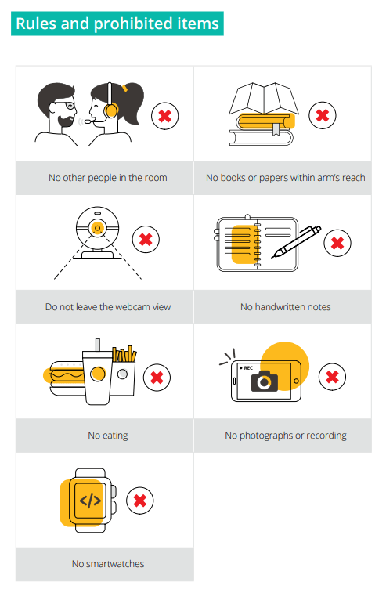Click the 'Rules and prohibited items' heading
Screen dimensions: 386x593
(x=117, y=24)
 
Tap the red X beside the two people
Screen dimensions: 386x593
(x=165, y=116)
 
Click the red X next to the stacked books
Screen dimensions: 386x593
(x=322, y=115)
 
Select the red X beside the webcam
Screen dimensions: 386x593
(x=146, y=239)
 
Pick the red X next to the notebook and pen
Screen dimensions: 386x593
(x=337, y=243)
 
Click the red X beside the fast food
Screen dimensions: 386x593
(x=157, y=377)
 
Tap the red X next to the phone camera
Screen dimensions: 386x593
(x=332, y=376)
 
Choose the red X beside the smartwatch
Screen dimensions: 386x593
(x=140, y=501)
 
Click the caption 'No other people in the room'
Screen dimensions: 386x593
(x=108, y=178)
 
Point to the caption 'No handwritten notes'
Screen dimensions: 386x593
(x=286, y=307)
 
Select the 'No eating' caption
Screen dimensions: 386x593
(x=108, y=436)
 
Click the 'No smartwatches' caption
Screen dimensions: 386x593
(x=108, y=564)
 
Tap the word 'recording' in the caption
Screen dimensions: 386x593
(x=326, y=436)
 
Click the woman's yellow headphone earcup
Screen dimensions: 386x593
(x=111, y=110)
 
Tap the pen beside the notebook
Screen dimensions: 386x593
(x=297, y=241)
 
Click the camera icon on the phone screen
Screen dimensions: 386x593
(x=265, y=381)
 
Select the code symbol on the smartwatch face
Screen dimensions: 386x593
(x=90, y=501)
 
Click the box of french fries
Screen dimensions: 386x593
(x=124, y=371)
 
